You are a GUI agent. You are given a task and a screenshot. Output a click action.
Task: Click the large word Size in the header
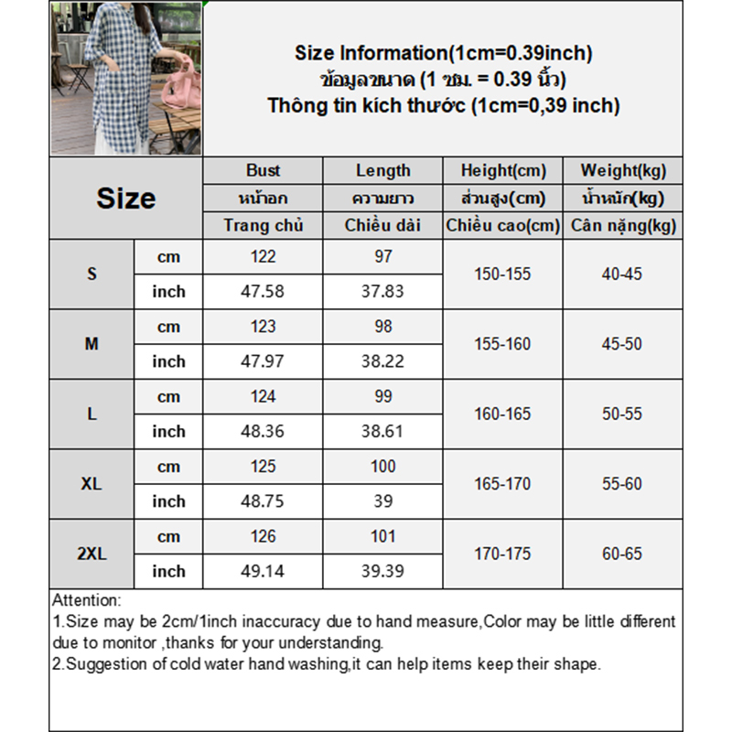pos(125,199)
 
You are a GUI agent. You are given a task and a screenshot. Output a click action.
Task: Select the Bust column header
pos(263,170)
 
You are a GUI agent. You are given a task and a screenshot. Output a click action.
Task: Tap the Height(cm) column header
pos(502,170)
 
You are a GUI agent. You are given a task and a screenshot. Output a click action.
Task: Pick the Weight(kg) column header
pos(623,170)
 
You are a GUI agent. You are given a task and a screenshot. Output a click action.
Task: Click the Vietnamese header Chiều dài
pos(382,225)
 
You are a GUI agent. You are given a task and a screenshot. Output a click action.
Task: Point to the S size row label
pos(91,274)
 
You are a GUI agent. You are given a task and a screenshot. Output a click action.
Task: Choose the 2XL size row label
pos(91,554)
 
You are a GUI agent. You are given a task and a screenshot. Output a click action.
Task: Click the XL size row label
pos(91,484)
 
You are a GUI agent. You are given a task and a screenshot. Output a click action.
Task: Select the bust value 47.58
pos(263,291)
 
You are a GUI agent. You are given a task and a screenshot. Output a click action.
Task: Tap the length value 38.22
pos(382,361)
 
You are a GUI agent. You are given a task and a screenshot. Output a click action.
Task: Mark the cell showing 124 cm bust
pos(263,396)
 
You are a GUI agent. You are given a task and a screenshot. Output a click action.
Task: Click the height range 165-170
pos(502,484)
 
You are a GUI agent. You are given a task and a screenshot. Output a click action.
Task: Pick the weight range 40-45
pos(623,274)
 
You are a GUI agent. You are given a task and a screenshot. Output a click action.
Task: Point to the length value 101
pos(382,536)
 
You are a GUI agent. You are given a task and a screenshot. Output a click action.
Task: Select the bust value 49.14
pos(263,571)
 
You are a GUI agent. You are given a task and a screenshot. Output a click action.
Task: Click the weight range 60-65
pos(623,554)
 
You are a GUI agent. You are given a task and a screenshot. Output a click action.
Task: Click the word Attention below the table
pos(86,601)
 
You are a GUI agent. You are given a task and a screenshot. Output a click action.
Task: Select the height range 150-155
pos(502,274)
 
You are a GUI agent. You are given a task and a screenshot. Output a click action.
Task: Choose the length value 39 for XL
pos(382,501)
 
